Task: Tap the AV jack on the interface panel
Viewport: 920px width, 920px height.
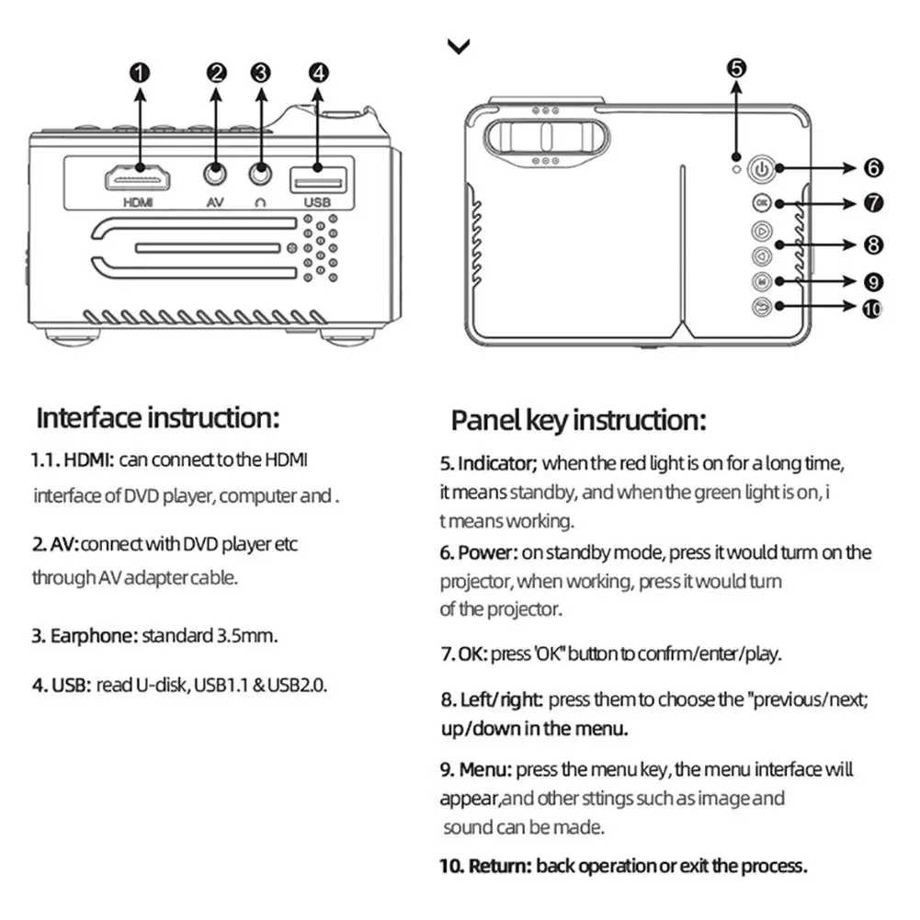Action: pos(216,172)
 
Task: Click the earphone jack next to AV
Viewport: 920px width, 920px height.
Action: pos(260,172)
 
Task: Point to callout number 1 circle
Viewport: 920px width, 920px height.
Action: pos(140,73)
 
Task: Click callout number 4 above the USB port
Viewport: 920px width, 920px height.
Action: pos(318,73)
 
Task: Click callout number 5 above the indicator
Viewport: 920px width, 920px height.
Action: pos(736,67)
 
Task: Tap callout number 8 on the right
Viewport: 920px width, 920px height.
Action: pos(873,244)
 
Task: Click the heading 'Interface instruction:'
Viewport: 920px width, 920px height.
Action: pos(156,418)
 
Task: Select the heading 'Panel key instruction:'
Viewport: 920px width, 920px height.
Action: pos(578,421)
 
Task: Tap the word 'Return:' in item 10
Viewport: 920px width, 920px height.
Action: pos(500,866)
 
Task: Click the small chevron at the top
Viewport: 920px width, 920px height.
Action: pos(458,47)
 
